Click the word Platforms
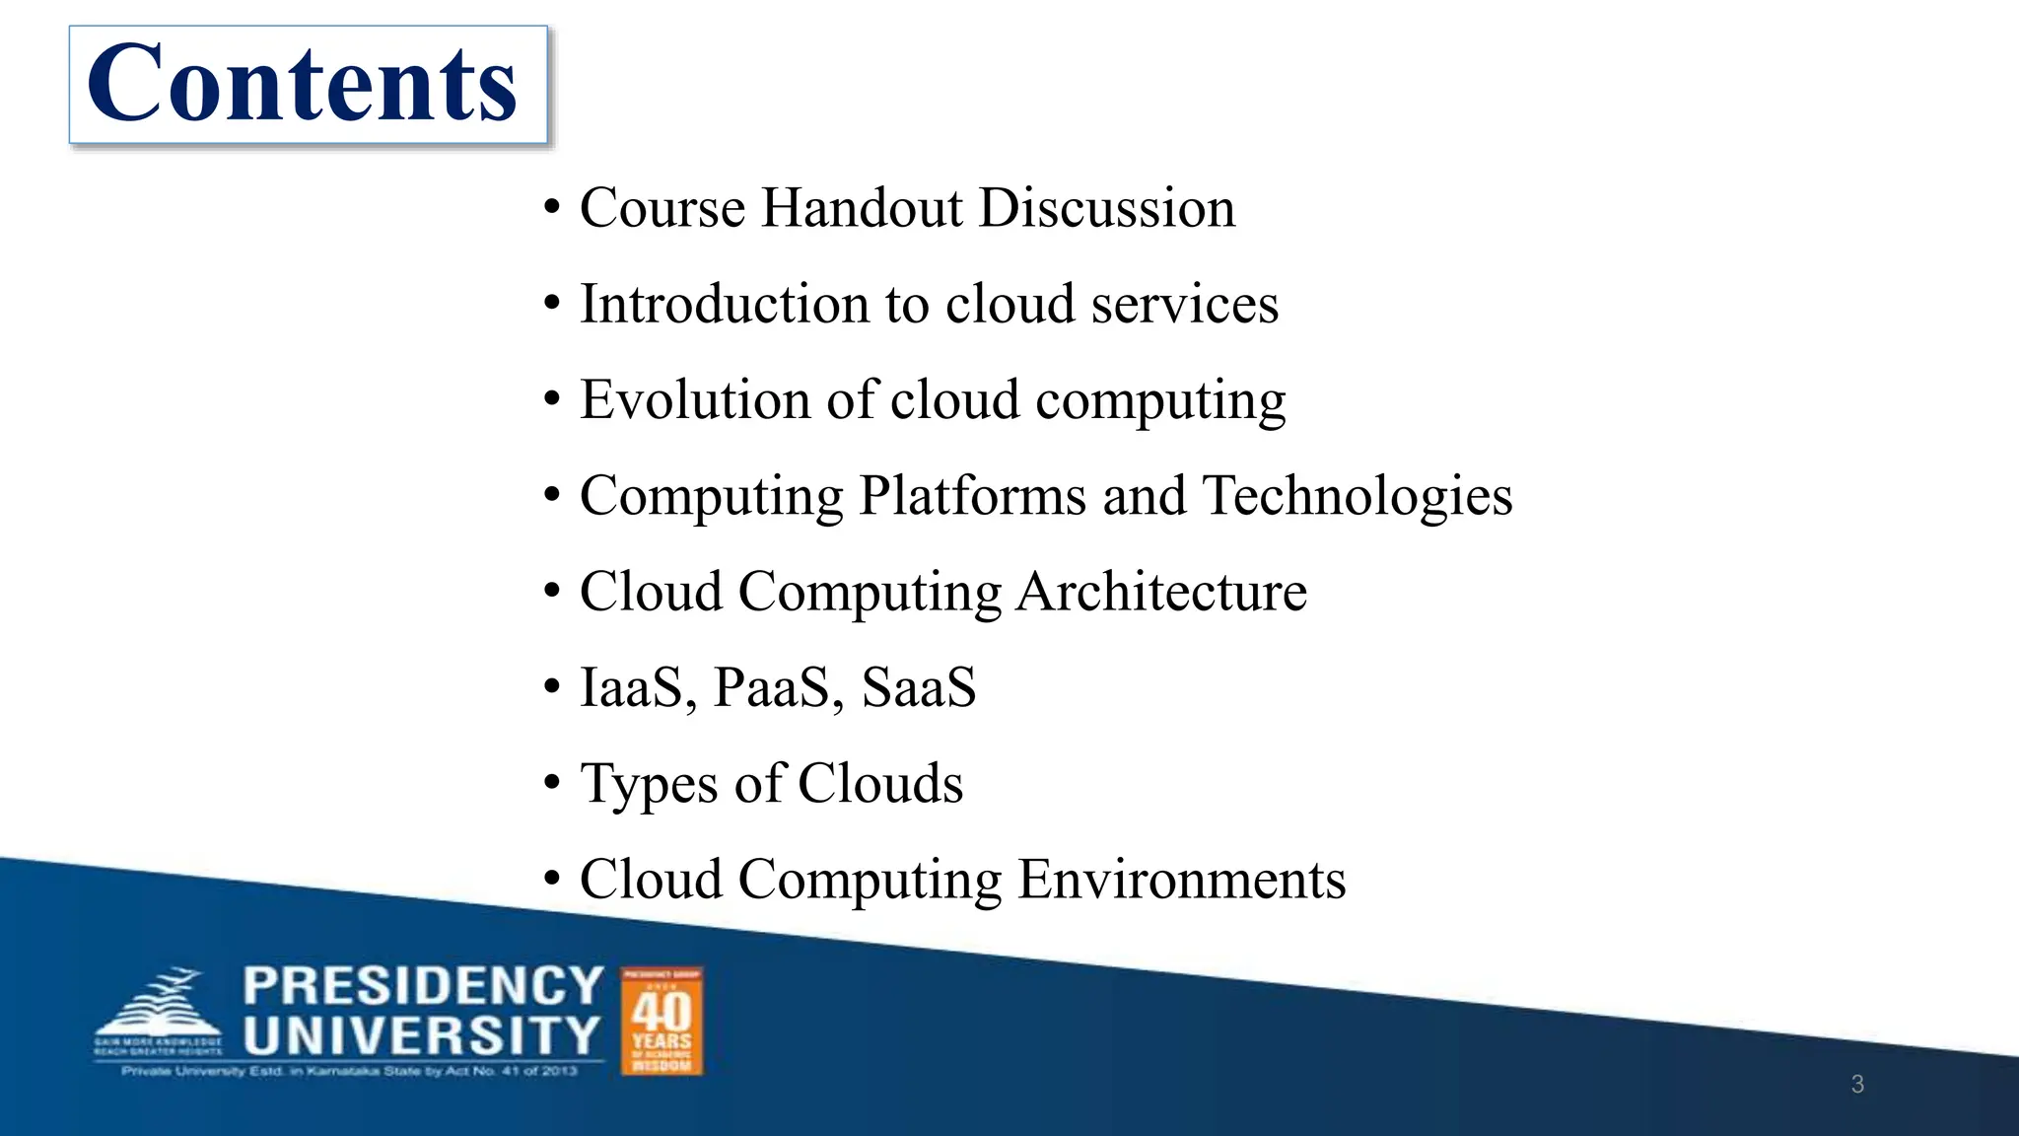[x=973, y=496]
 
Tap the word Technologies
[x=1358, y=496]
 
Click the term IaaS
[x=630, y=687]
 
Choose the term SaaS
[x=919, y=687]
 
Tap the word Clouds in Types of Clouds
[x=880, y=784]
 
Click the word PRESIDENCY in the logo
[x=423, y=986]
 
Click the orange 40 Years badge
[x=661, y=1021]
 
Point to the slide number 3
[x=1857, y=1085]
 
